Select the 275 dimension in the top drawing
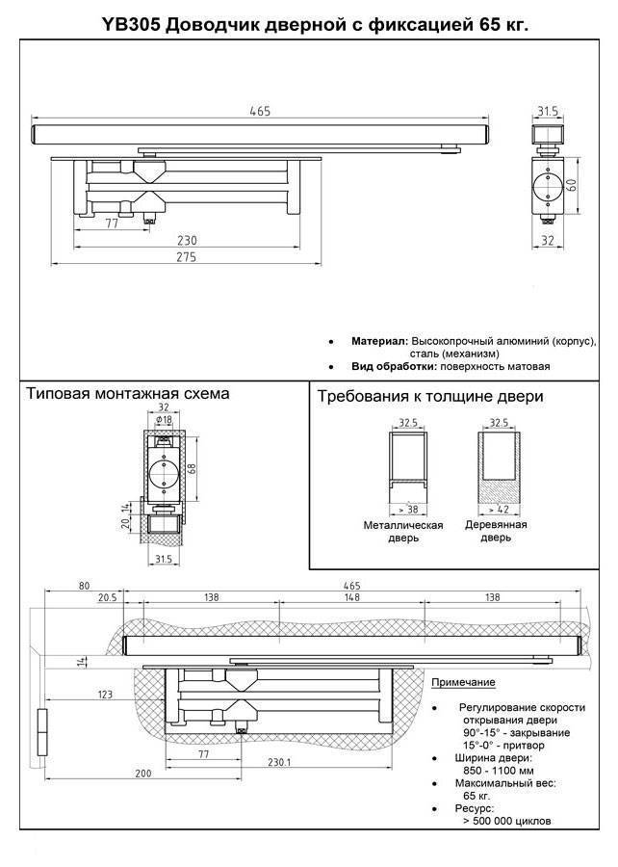pyautogui.click(x=186, y=257)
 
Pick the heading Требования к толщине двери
pyautogui.click(x=429, y=396)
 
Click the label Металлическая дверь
pyautogui.click(x=402, y=532)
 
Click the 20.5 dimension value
pyautogui.click(x=106, y=598)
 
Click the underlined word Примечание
pyautogui.click(x=463, y=682)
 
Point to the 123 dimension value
pyautogui.click(x=106, y=694)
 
